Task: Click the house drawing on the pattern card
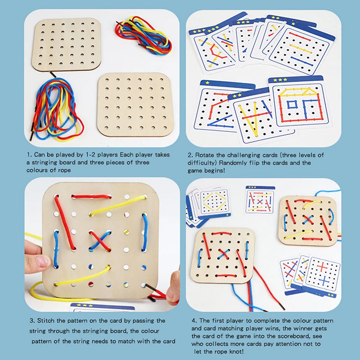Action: click(x=298, y=104)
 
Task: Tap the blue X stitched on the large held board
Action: click(x=99, y=241)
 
